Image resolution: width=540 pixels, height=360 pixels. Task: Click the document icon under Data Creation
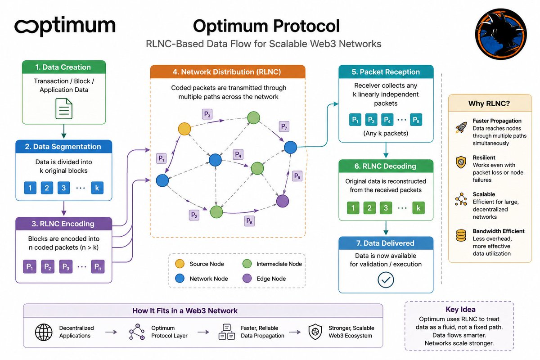point(64,108)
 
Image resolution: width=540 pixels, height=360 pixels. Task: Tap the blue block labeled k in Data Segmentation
point(97,188)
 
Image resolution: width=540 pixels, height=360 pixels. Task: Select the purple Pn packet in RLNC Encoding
point(98,266)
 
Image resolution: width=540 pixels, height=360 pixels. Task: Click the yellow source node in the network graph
point(184,129)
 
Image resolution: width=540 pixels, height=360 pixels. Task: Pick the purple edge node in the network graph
point(283,201)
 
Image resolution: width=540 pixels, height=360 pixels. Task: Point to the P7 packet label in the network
point(284,126)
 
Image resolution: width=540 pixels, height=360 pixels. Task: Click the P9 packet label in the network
point(297,176)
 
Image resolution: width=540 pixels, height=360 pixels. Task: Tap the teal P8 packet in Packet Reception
point(416,120)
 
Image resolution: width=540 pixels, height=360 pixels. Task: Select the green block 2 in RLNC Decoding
point(369,208)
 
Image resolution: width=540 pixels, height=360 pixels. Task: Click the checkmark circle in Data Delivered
point(386,280)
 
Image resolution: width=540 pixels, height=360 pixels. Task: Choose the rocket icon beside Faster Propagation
point(461,128)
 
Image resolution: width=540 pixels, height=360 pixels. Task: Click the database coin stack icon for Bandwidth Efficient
point(461,235)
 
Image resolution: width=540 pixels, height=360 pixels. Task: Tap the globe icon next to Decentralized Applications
point(44,332)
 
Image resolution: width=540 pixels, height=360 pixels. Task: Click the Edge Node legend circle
point(247,278)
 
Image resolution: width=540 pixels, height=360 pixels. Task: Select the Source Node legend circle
point(180,264)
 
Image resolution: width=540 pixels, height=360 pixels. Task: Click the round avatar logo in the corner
point(501,34)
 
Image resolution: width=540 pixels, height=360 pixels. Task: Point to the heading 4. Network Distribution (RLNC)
point(227,72)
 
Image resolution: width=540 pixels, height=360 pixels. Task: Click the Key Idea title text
point(460,309)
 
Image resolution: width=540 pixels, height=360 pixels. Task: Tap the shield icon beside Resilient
point(461,162)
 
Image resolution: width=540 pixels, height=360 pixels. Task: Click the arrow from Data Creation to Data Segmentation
point(64,131)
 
